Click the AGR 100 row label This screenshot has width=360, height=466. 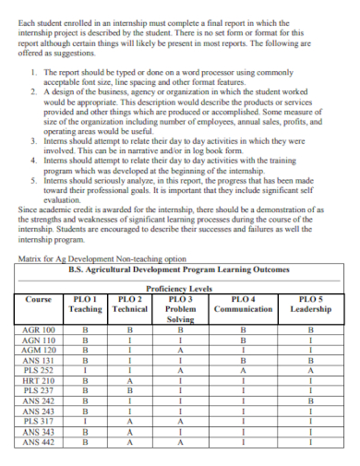point(39,329)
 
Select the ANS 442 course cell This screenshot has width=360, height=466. point(39,440)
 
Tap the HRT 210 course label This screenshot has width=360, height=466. point(39,379)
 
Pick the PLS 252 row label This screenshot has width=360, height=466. point(39,369)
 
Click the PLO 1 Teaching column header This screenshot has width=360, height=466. point(86,304)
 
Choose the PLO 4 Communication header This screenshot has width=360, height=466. point(244,304)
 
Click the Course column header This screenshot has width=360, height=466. point(39,299)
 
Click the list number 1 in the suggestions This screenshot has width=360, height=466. point(35,71)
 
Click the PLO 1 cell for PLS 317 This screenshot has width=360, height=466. point(86,420)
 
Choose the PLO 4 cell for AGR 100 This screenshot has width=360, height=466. point(244,329)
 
